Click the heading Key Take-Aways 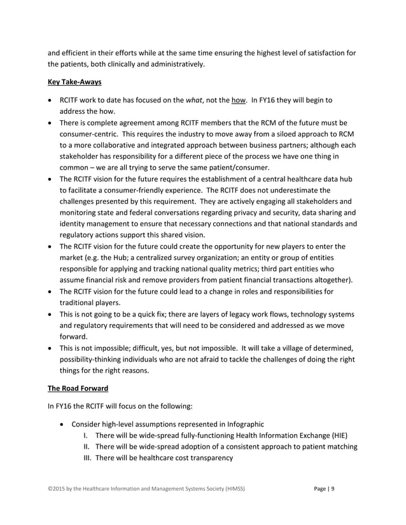74,82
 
